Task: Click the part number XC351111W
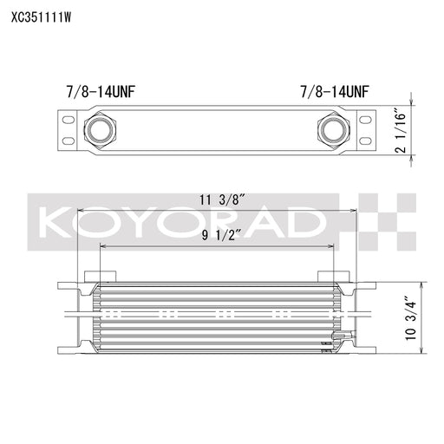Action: click(41, 18)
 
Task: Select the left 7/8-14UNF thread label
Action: click(101, 92)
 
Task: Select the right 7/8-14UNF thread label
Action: click(335, 92)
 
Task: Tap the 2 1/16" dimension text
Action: click(401, 130)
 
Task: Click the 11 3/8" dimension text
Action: click(223, 200)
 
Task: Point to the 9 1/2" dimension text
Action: click(221, 236)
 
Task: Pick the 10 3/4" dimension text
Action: click(410, 318)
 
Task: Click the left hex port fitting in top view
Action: click(100, 128)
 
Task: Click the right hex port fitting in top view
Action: click(334, 128)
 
